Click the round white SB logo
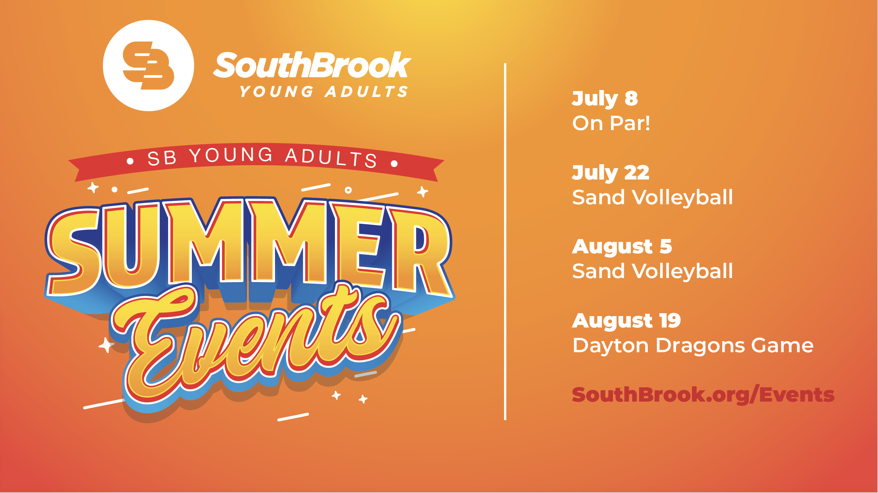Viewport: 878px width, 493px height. click(x=148, y=65)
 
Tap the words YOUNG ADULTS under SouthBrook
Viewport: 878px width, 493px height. click(x=324, y=91)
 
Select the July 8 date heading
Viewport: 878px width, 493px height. click(x=605, y=99)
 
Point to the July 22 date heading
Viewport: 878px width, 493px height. click(x=610, y=173)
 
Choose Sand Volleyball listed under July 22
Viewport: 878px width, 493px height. click(x=652, y=197)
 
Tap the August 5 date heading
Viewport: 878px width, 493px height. click(x=622, y=247)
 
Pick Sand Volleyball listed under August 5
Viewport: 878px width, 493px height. click(x=652, y=272)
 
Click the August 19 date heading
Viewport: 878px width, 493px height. click(x=626, y=321)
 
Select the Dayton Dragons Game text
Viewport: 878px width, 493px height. click(x=693, y=346)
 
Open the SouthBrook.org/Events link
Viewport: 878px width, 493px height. click(x=703, y=395)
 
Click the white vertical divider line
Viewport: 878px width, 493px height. click(x=505, y=241)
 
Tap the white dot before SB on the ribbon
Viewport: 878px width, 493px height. click(x=130, y=162)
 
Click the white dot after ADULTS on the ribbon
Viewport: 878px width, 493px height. click(x=394, y=164)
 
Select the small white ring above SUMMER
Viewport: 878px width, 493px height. click(x=348, y=190)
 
